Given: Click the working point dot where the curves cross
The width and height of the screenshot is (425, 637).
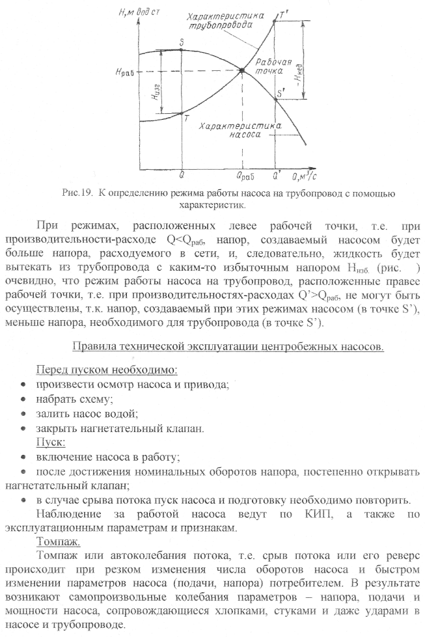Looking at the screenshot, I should tap(242, 71).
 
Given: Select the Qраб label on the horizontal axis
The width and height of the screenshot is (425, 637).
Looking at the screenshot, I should tap(245, 176).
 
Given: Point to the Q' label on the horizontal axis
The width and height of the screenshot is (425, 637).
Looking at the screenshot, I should tap(277, 175).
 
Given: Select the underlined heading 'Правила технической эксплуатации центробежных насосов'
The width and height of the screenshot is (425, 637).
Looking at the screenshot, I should tap(227, 347).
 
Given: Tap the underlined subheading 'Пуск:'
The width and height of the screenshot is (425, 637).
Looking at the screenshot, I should tap(50, 442).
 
